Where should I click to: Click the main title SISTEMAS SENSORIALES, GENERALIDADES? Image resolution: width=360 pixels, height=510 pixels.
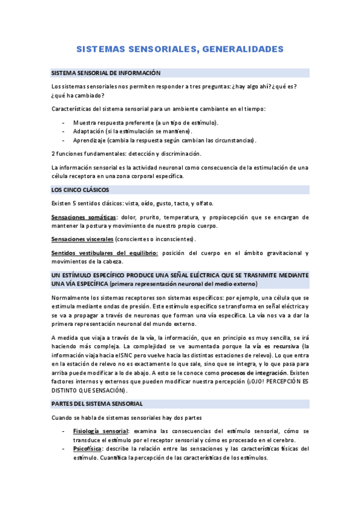[180, 48]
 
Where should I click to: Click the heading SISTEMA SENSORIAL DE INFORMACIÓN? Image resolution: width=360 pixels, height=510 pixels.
[106, 73]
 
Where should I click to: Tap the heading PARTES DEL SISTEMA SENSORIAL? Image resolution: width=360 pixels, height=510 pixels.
[97, 404]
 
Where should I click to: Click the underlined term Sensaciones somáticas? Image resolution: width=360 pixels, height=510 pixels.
[84, 217]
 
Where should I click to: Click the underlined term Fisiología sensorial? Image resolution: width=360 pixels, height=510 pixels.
[100, 431]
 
